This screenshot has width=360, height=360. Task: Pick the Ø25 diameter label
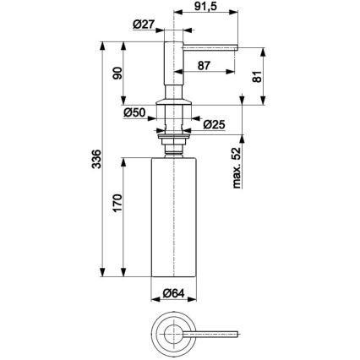[215, 124]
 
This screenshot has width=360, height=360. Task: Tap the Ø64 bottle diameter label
[174, 295]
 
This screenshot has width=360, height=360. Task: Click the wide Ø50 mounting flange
[174, 131]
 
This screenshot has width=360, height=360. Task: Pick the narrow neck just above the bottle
[174, 149]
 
